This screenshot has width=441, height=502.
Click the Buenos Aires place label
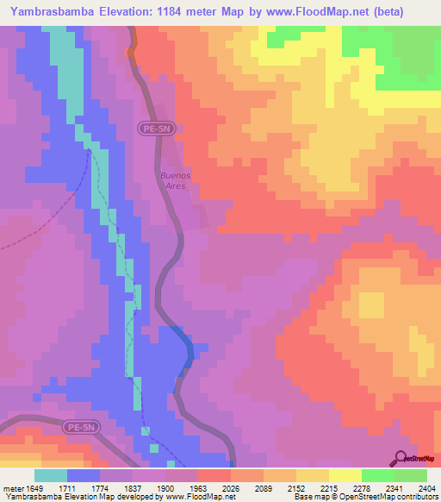pyautogui.click(x=175, y=180)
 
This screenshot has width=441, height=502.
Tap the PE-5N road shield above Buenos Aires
pyautogui.click(x=156, y=128)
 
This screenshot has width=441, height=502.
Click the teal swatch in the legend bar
pyautogui.click(x=51, y=475)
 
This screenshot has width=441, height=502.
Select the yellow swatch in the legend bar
pyautogui.click(x=345, y=475)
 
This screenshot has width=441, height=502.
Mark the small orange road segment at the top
pyautogui.click(x=132, y=52)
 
